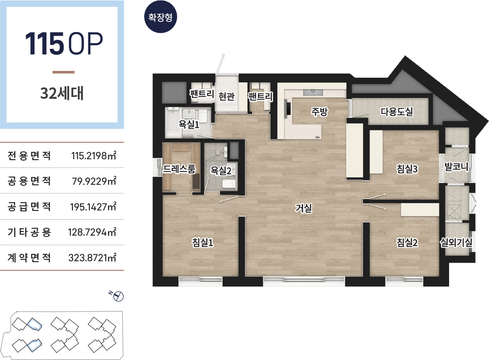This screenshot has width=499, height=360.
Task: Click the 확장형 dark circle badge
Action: [x=160, y=17]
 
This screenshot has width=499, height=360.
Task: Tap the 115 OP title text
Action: [x=64, y=43]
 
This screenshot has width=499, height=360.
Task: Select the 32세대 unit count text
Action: [x=62, y=93]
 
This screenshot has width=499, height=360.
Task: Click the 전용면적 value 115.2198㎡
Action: [x=93, y=156]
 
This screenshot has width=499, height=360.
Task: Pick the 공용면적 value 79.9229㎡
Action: [x=94, y=181]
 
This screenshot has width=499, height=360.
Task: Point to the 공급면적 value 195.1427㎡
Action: [x=93, y=207]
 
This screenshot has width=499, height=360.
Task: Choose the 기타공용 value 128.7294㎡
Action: [x=92, y=232]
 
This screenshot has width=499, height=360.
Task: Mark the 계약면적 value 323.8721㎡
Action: [x=92, y=257]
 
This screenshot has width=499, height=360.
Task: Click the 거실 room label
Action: [x=304, y=208]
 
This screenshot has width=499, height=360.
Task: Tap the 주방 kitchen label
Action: [x=319, y=112]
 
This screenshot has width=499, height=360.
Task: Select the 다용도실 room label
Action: [x=397, y=112]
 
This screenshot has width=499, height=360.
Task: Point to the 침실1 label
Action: [x=202, y=242]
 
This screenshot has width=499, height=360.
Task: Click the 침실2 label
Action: [x=407, y=242]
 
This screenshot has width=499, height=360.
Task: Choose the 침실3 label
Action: [x=407, y=169]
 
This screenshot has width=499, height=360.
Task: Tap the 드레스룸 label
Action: [x=179, y=169]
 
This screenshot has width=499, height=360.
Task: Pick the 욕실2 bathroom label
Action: [x=221, y=171]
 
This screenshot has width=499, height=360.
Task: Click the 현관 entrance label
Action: [x=227, y=96]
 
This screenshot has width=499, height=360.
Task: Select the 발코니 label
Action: [x=456, y=167]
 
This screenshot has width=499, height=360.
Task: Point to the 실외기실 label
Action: [x=456, y=242]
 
